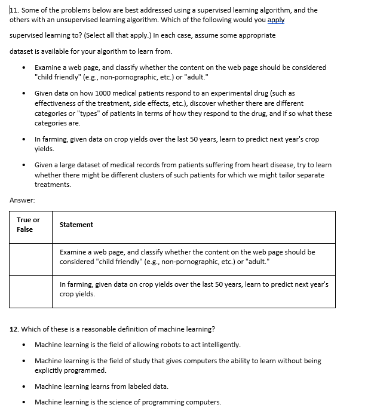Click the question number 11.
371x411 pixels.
point(14,10)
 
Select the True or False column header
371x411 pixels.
point(28,225)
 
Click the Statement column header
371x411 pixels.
point(76,225)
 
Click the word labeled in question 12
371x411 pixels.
point(137,387)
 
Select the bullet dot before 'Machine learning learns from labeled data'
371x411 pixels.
point(23,387)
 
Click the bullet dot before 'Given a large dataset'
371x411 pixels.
point(23,165)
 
